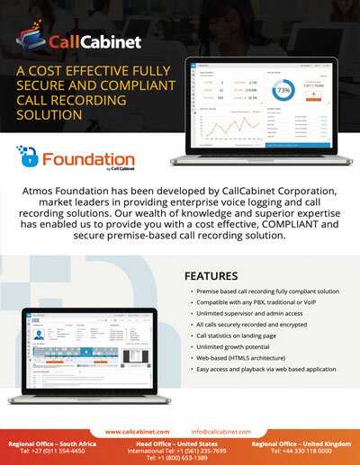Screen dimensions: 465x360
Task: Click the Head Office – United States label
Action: tap(180, 444)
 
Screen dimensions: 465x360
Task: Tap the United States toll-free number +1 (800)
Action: tap(180, 458)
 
